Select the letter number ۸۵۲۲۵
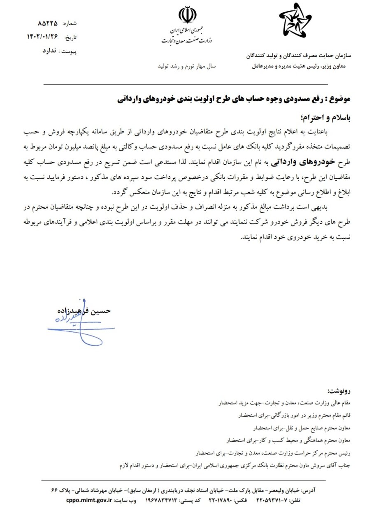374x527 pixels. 47,23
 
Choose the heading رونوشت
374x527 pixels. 339,390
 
